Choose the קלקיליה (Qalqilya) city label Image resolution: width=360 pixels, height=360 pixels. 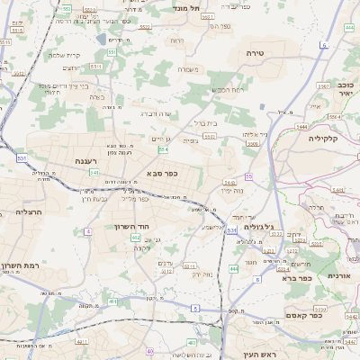tap(322, 139)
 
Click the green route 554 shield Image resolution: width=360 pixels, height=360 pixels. tap(163, 150)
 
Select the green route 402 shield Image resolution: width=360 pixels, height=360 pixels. tap(136, 238)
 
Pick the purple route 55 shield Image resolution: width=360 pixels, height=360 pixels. tap(248, 176)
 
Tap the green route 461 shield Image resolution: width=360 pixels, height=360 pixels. tap(113, 301)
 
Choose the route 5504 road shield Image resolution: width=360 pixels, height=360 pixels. tap(210, 137)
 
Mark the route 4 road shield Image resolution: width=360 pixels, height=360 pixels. tap(88, 232)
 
